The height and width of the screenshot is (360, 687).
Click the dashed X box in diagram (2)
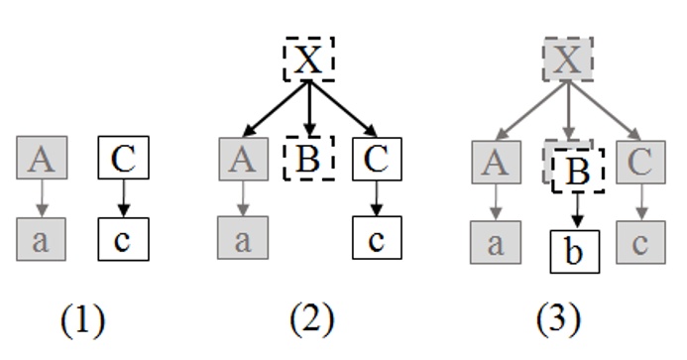click(x=309, y=61)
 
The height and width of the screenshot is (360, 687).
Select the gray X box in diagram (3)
click(x=566, y=61)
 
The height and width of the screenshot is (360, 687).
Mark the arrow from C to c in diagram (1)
click(x=123, y=200)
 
